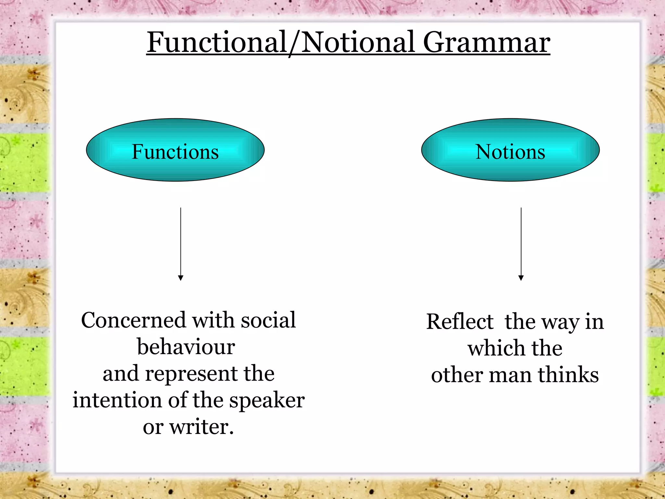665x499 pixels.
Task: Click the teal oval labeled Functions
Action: (175, 150)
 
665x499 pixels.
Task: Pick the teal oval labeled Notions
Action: (510, 150)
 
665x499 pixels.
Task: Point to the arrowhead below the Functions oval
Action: (181, 278)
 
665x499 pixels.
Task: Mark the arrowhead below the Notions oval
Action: (521, 278)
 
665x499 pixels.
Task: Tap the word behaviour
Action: (186, 347)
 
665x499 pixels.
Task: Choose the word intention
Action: (117, 400)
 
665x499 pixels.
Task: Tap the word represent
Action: (192, 374)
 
